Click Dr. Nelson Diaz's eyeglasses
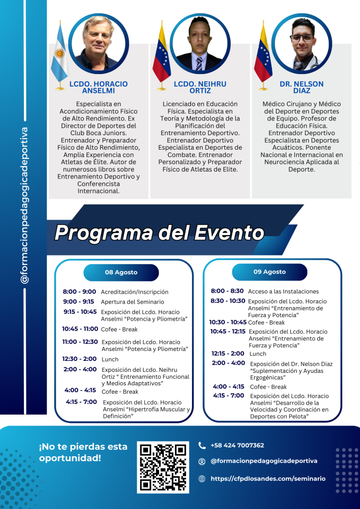pos(302,38)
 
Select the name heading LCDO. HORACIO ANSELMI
pos(98,87)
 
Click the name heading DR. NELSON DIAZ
pos(301,87)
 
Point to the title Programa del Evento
pos(159,232)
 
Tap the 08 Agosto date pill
pos(121,272)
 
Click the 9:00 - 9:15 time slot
pos(79,301)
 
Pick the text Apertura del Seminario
pos(132,302)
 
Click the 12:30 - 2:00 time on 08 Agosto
pos(79,358)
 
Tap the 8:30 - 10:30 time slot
pos(228,301)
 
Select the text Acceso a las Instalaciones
pos(283,291)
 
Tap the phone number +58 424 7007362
pos(237,445)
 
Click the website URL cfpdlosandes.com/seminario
pos(268,479)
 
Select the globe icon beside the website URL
pos(202,479)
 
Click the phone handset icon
pos(202,445)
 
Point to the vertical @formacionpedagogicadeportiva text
pos(24,205)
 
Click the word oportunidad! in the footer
pos(70,458)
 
